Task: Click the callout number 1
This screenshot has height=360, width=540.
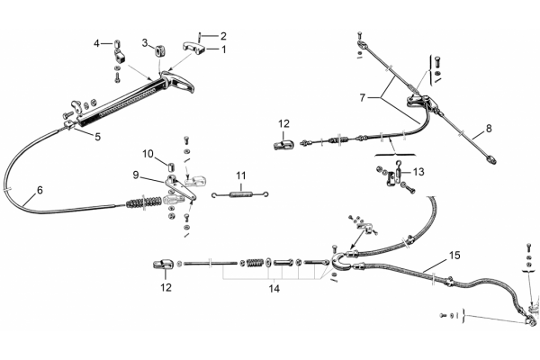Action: point(224,49)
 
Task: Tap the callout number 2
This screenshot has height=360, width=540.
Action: point(223,36)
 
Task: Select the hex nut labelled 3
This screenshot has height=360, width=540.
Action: point(158,51)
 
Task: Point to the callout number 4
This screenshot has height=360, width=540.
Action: point(97,44)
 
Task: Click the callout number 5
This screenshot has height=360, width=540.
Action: point(98,137)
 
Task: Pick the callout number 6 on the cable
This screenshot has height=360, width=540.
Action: point(40,190)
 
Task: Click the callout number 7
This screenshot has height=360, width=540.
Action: point(362,98)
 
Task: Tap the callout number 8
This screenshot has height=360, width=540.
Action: point(489,129)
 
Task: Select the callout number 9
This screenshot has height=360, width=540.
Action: point(136,175)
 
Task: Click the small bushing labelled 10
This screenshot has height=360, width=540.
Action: point(170,166)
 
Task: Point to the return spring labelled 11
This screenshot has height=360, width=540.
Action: point(240,195)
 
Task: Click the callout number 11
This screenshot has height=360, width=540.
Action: point(241,175)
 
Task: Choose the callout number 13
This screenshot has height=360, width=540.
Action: point(418,171)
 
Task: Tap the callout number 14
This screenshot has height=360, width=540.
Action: point(274,288)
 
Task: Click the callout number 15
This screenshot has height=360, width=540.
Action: point(454,256)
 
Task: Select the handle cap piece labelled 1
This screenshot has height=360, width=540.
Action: point(193,49)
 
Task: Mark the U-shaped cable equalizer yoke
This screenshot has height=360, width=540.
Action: point(339,262)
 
